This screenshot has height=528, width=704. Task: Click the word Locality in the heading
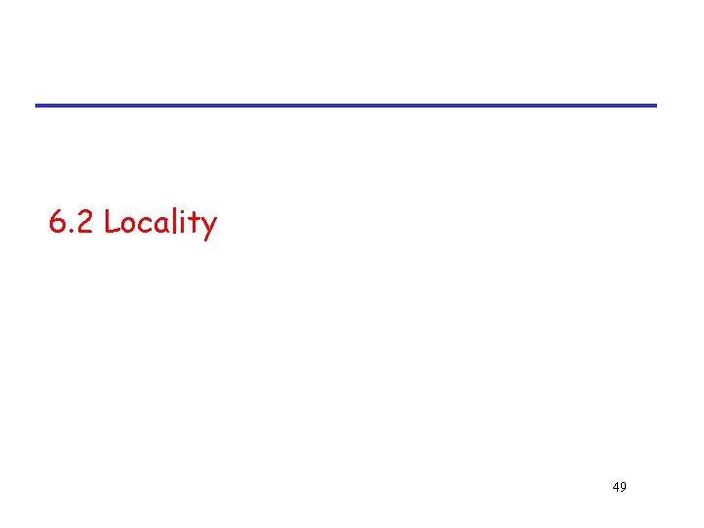(x=160, y=223)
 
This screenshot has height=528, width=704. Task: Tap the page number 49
(x=618, y=486)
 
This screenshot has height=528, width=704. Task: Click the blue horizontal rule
(x=346, y=105)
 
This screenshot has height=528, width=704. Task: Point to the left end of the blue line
(x=38, y=105)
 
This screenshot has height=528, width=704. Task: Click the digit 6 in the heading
(x=57, y=223)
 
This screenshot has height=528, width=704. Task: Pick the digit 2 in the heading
(x=85, y=223)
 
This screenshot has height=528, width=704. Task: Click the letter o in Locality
(x=130, y=226)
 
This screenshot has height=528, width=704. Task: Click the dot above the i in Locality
(x=184, y=212)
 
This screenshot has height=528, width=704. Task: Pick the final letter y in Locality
(x=208, y=228)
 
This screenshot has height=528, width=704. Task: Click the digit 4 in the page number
(x=614, y=486)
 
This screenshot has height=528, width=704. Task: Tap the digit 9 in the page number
(x=623, y=486)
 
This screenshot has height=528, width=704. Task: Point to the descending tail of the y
(x=205, y=239)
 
